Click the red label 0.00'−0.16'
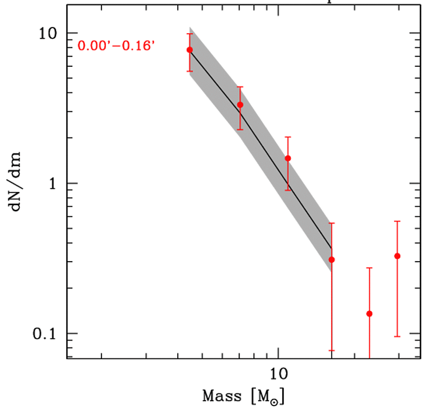pyautogui.click(x=116, y=45)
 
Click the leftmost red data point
pyautogui.click(x=189, y=50)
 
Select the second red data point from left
pyautogui.click(x=240, y=105)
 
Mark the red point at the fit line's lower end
pyautogui.click(x=331, y=260)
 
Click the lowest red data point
pyautogui.click(x=369, y=314)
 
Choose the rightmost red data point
pyautogui.click(x=397, y=256)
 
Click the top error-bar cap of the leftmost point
pyautogui.click(x=189, y=34)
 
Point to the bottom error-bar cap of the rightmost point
pyautogui.click(x=397, y=336)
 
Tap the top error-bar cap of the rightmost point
pyautogui.click(x=397, y=222)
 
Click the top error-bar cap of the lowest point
pyautogui.click(x=369, y=268)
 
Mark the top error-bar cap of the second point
pyautogui.click(x=240, y=87)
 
